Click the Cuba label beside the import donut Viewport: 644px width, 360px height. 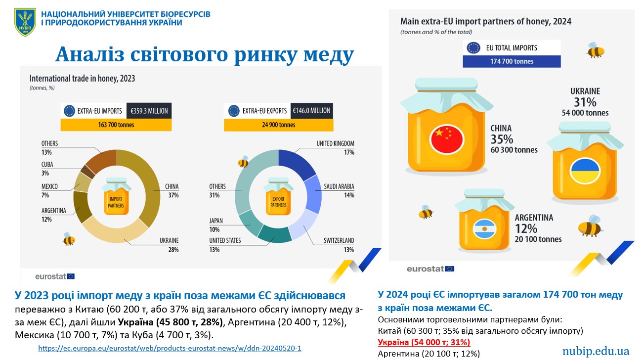point(47,165)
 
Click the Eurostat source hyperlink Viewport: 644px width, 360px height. point(170,348)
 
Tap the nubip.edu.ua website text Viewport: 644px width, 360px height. point(596,351)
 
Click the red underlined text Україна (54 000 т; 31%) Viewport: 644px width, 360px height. point(424,342)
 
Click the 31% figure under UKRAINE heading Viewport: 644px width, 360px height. point(585,102)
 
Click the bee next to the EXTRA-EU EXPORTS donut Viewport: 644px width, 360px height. point(243,162)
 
